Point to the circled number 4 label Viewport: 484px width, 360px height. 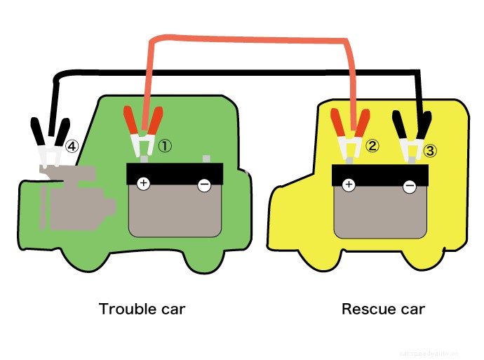72,146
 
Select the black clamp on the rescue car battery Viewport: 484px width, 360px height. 410,133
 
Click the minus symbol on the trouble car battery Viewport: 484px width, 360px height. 204,185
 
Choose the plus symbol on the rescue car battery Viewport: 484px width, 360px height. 348,185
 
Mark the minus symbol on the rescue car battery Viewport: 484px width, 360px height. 410,186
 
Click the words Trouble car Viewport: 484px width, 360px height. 142,309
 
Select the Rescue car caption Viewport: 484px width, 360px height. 383,309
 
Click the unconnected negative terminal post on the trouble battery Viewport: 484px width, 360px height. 206,159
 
